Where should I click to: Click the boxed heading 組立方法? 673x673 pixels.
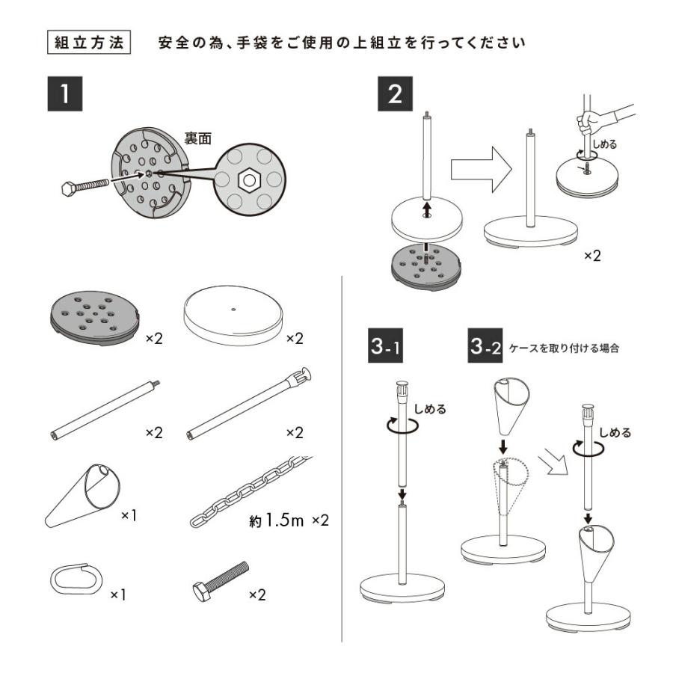[89, 42]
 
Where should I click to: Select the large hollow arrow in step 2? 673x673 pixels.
[480, 168]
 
